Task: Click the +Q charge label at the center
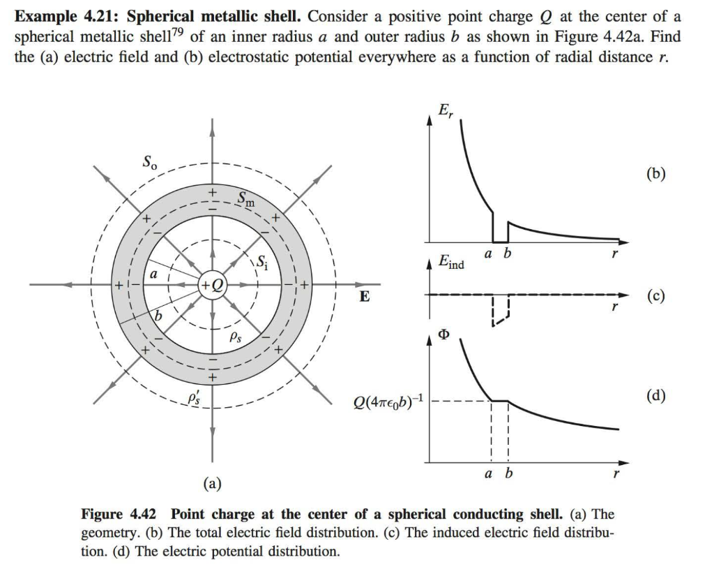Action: (211, 285)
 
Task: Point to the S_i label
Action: (261, 263)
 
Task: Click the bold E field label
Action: (364, 296)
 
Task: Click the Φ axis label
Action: (443, 334)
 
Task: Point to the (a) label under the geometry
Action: (211, 482)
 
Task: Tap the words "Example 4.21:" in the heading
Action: (67, 16)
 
